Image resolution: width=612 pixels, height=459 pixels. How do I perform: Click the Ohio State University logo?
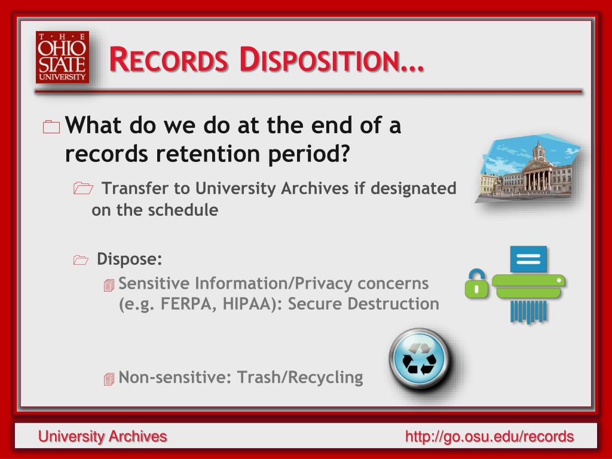(x=62, y=57)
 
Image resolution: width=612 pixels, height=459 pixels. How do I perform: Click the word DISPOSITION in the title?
(x=331, y=60)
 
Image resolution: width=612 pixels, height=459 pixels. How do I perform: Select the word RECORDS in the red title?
(x=169, y=60)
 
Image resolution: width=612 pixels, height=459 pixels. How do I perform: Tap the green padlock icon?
(x=476, y=284)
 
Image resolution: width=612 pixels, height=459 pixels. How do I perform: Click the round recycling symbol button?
(x=420, y=359)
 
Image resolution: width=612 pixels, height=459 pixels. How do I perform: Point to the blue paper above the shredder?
(x=528, y=259)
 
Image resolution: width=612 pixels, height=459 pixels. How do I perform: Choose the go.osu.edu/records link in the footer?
(x=489, y=436)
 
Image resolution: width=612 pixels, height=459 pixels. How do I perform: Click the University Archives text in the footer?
(x=103, y=436)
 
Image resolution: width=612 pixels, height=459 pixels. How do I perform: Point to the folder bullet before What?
(x=51, y=127)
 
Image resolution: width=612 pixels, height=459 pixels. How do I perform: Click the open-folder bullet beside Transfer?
(x=83, y=188)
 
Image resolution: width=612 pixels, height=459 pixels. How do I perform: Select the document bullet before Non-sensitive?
(x=109, y=378)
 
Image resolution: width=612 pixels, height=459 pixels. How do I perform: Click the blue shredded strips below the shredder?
(x=529, y=311)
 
